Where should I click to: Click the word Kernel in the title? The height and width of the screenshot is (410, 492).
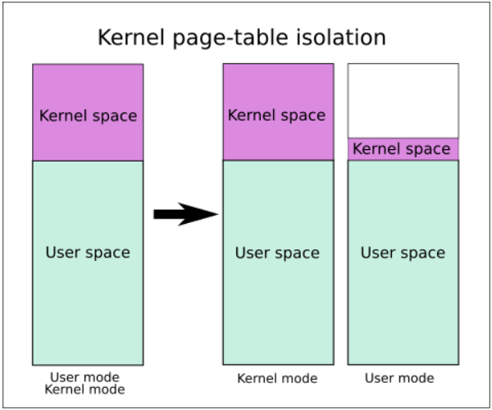coord(131,38)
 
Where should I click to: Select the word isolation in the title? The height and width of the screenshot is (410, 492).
coord(341,38)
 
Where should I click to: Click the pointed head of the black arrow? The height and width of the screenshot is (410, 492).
coord(218,214)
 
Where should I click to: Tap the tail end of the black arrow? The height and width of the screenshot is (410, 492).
coord(154,214)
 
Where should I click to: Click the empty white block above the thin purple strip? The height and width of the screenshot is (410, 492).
coord(403,101)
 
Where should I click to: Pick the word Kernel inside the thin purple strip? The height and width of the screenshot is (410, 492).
coord(374,148)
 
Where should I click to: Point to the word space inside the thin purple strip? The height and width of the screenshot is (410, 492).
coord(426,150)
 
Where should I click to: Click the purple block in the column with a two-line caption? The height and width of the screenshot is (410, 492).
coord(89,112)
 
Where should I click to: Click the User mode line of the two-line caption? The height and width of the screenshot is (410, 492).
coord(84,376)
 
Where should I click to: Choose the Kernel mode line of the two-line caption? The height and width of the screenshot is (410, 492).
coord(84,389)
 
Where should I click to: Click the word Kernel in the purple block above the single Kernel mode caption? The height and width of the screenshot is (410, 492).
coord(249,115)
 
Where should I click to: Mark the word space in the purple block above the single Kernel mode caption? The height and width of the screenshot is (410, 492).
coord(301,116)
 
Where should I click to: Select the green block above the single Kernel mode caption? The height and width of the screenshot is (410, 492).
coord(278,262)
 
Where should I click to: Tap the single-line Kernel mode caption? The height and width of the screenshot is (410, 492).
coord(277,378)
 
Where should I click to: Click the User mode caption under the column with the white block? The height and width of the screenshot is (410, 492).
coord(399,378)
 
